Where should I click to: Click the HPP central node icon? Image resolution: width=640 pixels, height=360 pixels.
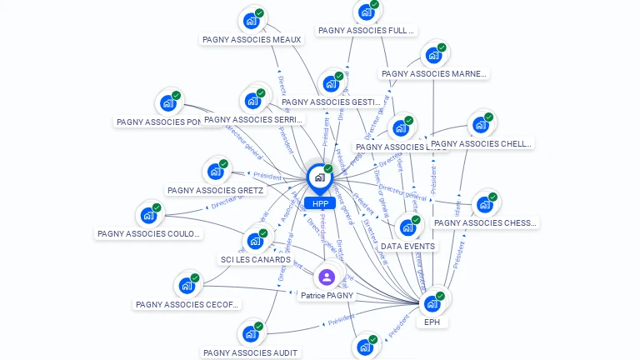[320, 177]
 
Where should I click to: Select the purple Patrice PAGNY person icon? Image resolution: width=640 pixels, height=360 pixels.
[327, 277]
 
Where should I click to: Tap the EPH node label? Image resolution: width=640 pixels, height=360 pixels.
[432, 322]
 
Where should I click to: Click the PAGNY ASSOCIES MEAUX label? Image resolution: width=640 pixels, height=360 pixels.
[252, 39]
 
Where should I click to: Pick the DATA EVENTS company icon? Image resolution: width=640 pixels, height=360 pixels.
[407, 227]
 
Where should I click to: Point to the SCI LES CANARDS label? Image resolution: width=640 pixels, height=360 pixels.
[256, 259]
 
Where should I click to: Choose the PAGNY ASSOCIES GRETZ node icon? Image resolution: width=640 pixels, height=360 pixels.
[216, 172]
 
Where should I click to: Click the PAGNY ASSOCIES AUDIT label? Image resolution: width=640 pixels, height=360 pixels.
[250, 352]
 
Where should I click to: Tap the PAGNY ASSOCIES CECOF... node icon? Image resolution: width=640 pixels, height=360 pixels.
[187, 286]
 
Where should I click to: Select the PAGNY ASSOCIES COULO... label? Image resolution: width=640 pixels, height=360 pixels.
[149, 234]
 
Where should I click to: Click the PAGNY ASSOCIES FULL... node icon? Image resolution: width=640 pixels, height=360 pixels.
[366, 12]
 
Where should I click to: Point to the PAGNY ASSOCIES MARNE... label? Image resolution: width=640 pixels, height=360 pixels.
[433, 74]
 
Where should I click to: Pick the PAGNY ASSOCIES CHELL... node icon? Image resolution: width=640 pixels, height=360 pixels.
[480, 125]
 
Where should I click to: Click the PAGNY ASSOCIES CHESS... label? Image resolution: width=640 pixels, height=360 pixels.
[486, 222]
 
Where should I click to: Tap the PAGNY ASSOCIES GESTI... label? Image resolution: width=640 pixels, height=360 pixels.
[332, 102]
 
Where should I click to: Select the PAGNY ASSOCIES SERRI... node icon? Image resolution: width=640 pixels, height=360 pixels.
[252, 101]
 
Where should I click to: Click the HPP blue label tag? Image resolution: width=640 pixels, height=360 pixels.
[320, 203]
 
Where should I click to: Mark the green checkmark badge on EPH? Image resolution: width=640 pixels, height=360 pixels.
[440, 296]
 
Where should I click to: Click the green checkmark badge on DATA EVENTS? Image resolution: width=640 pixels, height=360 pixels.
[416, 219]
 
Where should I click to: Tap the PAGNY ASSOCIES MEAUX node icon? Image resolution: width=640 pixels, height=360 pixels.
[251, 21]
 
